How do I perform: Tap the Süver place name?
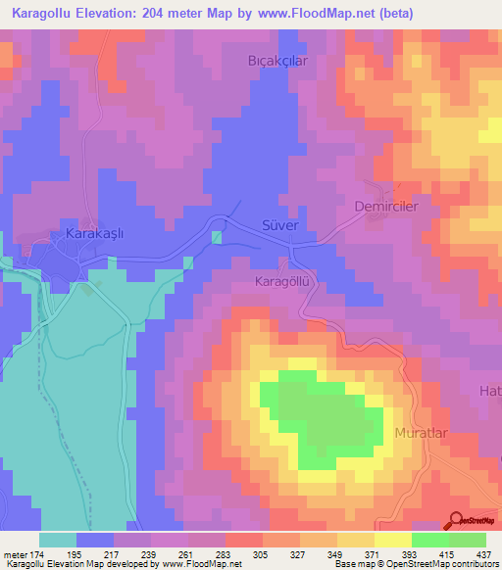tap(278, 225)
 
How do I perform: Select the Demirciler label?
tap(385, 208)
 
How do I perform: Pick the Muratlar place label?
tap(421, 432)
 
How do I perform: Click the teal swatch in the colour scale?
tap(57, 540)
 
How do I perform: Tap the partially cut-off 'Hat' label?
tap(489, 392)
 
